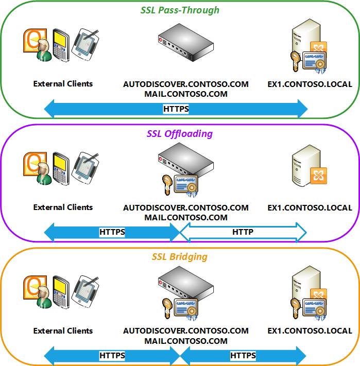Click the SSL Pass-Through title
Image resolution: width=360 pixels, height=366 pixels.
pos(180,10)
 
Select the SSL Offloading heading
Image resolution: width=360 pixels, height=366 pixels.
pos(180,133)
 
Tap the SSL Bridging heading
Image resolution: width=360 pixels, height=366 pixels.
pos(180,256)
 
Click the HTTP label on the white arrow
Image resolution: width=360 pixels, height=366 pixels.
pos(243,232)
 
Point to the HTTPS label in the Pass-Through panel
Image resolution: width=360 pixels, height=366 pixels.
pos(176,109)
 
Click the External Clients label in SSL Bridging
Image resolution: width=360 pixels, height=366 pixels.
pos(63,331)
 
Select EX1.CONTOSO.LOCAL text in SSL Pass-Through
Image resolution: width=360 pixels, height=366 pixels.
pos(310,84)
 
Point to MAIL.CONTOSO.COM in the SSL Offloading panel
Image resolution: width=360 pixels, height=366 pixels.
pos(186,217)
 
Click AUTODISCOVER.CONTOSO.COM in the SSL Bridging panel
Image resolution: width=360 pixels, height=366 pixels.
pos(186,331)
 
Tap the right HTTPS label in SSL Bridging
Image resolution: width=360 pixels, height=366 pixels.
pos(243,355)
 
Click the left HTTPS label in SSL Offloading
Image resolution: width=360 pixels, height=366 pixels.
pos(112,232)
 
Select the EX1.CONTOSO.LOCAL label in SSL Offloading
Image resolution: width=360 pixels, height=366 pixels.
pos(310,208)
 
